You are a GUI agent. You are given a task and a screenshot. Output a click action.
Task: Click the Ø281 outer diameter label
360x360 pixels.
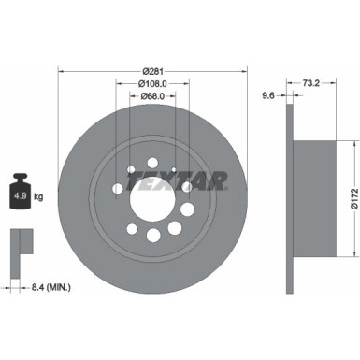coord(153,71)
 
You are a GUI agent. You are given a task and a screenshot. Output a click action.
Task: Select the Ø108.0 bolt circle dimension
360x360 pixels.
coord(153,83)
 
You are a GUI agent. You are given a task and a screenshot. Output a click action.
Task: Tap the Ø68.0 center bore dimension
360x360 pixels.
coord(153,95)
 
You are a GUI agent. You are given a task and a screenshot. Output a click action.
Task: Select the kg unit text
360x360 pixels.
coord(39,198)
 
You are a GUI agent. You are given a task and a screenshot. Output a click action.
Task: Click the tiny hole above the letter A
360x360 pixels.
coord(175,168)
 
